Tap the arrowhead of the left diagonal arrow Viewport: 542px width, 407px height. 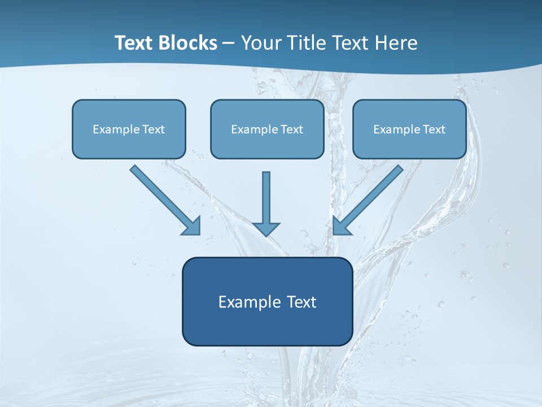pyautogui.click(x=193, y=226)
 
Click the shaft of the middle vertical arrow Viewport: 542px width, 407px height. pyautogui.click(x=266, y=195)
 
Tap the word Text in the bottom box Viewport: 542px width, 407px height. pyautogui.click(x=300, y=302)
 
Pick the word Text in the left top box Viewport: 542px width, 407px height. pyautogui.click(x=153, y=129)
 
